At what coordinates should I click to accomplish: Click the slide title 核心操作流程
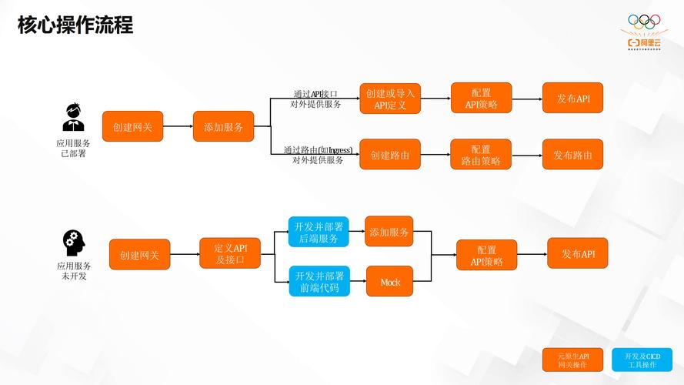(x=75, y=25)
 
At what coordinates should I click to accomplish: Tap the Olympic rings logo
(x=645, y=22)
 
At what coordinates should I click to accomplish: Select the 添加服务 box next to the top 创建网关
(x=223, y=126)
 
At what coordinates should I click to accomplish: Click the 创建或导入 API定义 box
(x=390, y=99)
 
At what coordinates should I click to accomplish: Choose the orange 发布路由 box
(x=572, y=155)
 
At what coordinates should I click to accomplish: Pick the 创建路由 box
(x=390, y=155)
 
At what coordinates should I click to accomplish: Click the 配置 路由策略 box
(x=481, y=155)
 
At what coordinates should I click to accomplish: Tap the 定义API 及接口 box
(x=230, y=253)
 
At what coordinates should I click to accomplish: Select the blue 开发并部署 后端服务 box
(x=319, y=232)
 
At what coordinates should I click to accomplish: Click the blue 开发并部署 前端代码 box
(x=319, y=282)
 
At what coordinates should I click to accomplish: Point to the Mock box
(x=390, y=282)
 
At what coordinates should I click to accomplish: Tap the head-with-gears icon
(x=74, y=243)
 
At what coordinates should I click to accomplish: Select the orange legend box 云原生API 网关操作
(x=573, y=360)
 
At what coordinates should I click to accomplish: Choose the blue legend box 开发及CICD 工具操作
(x=642, y=360)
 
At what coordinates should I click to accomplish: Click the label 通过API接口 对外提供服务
(x=315, y=99)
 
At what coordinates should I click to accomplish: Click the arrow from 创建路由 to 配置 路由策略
(x=435, y=155)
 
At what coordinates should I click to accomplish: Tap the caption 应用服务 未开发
(x=74, y=270)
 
